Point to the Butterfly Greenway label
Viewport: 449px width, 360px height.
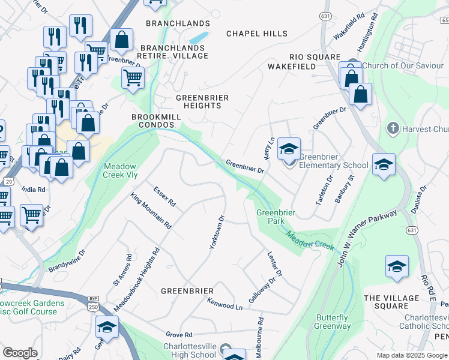[333, 322]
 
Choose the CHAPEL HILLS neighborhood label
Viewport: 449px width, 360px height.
[256, 34]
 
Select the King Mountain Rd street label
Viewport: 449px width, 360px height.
[151, 211]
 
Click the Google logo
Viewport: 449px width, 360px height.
[20, 353]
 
